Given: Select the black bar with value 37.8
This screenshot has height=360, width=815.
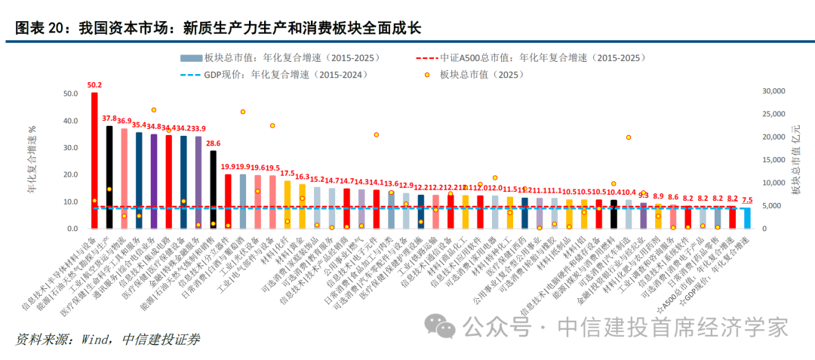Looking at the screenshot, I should (109, 177).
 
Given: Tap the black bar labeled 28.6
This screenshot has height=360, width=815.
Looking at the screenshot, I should (213, 189).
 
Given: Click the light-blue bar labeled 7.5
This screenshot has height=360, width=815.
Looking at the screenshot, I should (746, 218).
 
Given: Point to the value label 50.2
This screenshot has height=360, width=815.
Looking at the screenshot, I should (94, 85).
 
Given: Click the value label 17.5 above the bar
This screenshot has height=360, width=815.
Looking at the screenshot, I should (288, 174).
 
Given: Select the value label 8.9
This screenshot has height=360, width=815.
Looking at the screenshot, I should (658, 196).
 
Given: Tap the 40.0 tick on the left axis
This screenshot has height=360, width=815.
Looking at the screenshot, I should (71, 121).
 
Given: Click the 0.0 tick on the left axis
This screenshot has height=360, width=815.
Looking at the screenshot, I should (73, 229).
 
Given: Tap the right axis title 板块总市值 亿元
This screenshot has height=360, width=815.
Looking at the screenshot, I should (797, 160).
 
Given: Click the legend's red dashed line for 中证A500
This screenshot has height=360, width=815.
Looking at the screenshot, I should (426, 57).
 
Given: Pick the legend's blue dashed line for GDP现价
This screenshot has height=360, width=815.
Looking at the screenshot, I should (192, 75).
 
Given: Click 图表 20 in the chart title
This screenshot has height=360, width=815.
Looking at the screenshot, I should (40, 28).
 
